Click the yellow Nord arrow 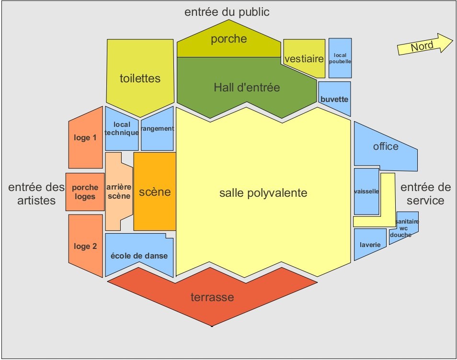point(424,45)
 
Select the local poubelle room point(340,58)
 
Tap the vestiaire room point(304,58)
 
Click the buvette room point(334,99)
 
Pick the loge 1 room point(85,138)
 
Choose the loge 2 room point(85,246)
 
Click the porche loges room point(85,192)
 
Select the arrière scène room point(118,191)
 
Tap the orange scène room point(155,191)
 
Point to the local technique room point(122,128)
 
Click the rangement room point(157,128)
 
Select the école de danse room point(138,255)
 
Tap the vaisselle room point(366,191)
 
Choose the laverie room point(370,244)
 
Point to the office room point(386,146)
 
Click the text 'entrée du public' point(227,12)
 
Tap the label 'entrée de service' point(422,194)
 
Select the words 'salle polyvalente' point(263,193)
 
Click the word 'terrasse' point(212,297)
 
